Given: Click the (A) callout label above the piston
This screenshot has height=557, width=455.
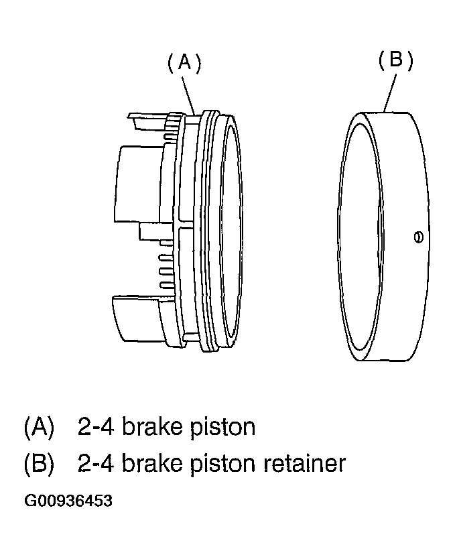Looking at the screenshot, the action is point(184,64).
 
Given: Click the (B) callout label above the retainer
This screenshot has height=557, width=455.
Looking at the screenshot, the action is point(395,60).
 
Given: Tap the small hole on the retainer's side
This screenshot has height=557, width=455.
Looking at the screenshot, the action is point(419,237).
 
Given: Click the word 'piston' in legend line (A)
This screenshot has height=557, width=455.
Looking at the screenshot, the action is point(222,427).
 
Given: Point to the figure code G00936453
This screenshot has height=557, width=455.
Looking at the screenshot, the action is point(68,501).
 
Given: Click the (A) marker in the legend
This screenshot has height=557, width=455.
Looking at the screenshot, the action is point(39,427).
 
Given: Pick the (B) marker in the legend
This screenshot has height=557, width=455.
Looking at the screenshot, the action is point(39,464).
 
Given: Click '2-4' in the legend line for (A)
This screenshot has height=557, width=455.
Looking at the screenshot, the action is point(96,427).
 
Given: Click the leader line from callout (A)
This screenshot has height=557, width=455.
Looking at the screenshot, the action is point(190,94).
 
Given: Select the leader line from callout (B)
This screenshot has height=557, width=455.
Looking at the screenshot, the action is point(390,92).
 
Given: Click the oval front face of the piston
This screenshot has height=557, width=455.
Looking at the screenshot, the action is point(231,231).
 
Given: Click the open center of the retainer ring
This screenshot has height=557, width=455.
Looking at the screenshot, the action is point(359,235).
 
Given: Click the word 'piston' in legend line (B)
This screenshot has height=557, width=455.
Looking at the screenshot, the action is point(222,464).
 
